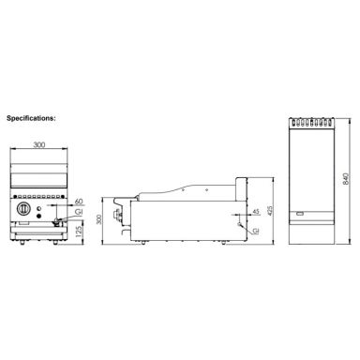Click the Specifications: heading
coord(31,120)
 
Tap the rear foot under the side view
coord(224,249)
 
